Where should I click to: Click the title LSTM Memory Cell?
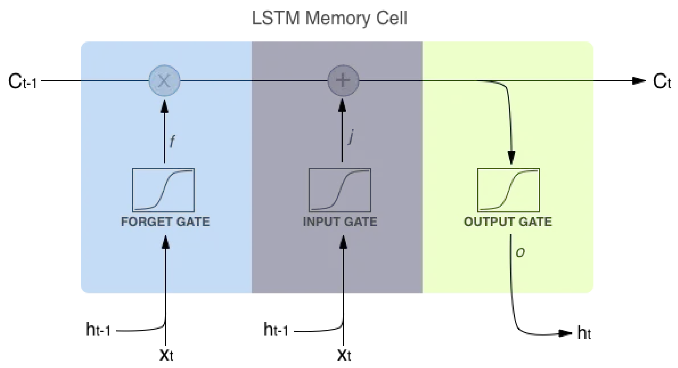[329, 18]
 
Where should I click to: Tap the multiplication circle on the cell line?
[164, 81]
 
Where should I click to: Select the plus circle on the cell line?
[343, 81]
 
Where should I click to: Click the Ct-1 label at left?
[22, 82]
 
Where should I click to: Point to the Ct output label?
[662, 81]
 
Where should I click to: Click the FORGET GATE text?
[165, 222]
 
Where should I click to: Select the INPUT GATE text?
[340, 222]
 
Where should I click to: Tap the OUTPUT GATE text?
[508, 222]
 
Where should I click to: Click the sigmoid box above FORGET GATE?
[163, 190]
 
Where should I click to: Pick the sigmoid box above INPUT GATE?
[340, 190]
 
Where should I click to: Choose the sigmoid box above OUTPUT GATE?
[508, 190]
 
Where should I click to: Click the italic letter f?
[172, 141]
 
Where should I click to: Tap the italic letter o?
[520, 253]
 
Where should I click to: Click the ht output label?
[584, 333]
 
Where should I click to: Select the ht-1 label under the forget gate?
[98, 330]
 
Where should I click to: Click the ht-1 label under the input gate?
[276, 330]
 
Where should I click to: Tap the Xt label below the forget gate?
[166, 355]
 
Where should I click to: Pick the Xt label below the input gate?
[344, 355]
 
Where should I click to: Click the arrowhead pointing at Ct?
[639, 81]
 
